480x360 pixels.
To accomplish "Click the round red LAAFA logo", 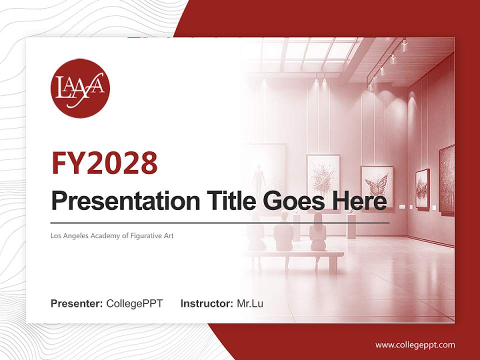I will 80,88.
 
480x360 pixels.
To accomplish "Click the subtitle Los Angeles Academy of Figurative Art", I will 112,235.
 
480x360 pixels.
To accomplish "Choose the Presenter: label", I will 76,303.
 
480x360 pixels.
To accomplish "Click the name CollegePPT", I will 134,303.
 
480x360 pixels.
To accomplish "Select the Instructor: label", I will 206,303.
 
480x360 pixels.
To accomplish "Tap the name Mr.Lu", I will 250,303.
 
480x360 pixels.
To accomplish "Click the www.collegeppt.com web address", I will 415,344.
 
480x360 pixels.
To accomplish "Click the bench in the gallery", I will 295,255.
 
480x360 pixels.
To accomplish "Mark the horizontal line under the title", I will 220,222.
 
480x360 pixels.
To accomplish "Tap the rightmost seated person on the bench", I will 317,232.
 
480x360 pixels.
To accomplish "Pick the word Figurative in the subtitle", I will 145,235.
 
